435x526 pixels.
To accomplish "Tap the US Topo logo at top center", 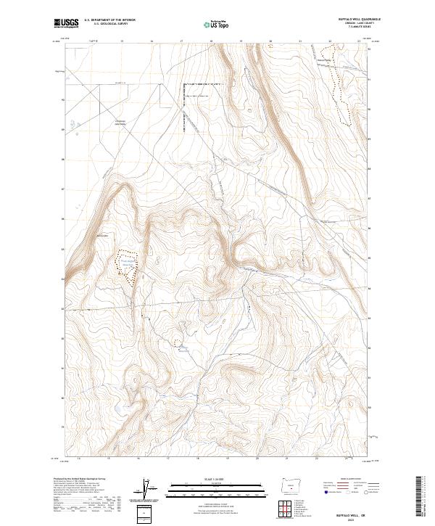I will [x=218, y=24].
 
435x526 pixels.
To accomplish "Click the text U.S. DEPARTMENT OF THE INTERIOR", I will [x=109, y=20].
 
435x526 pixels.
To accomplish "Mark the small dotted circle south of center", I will [x=176, y=342].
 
